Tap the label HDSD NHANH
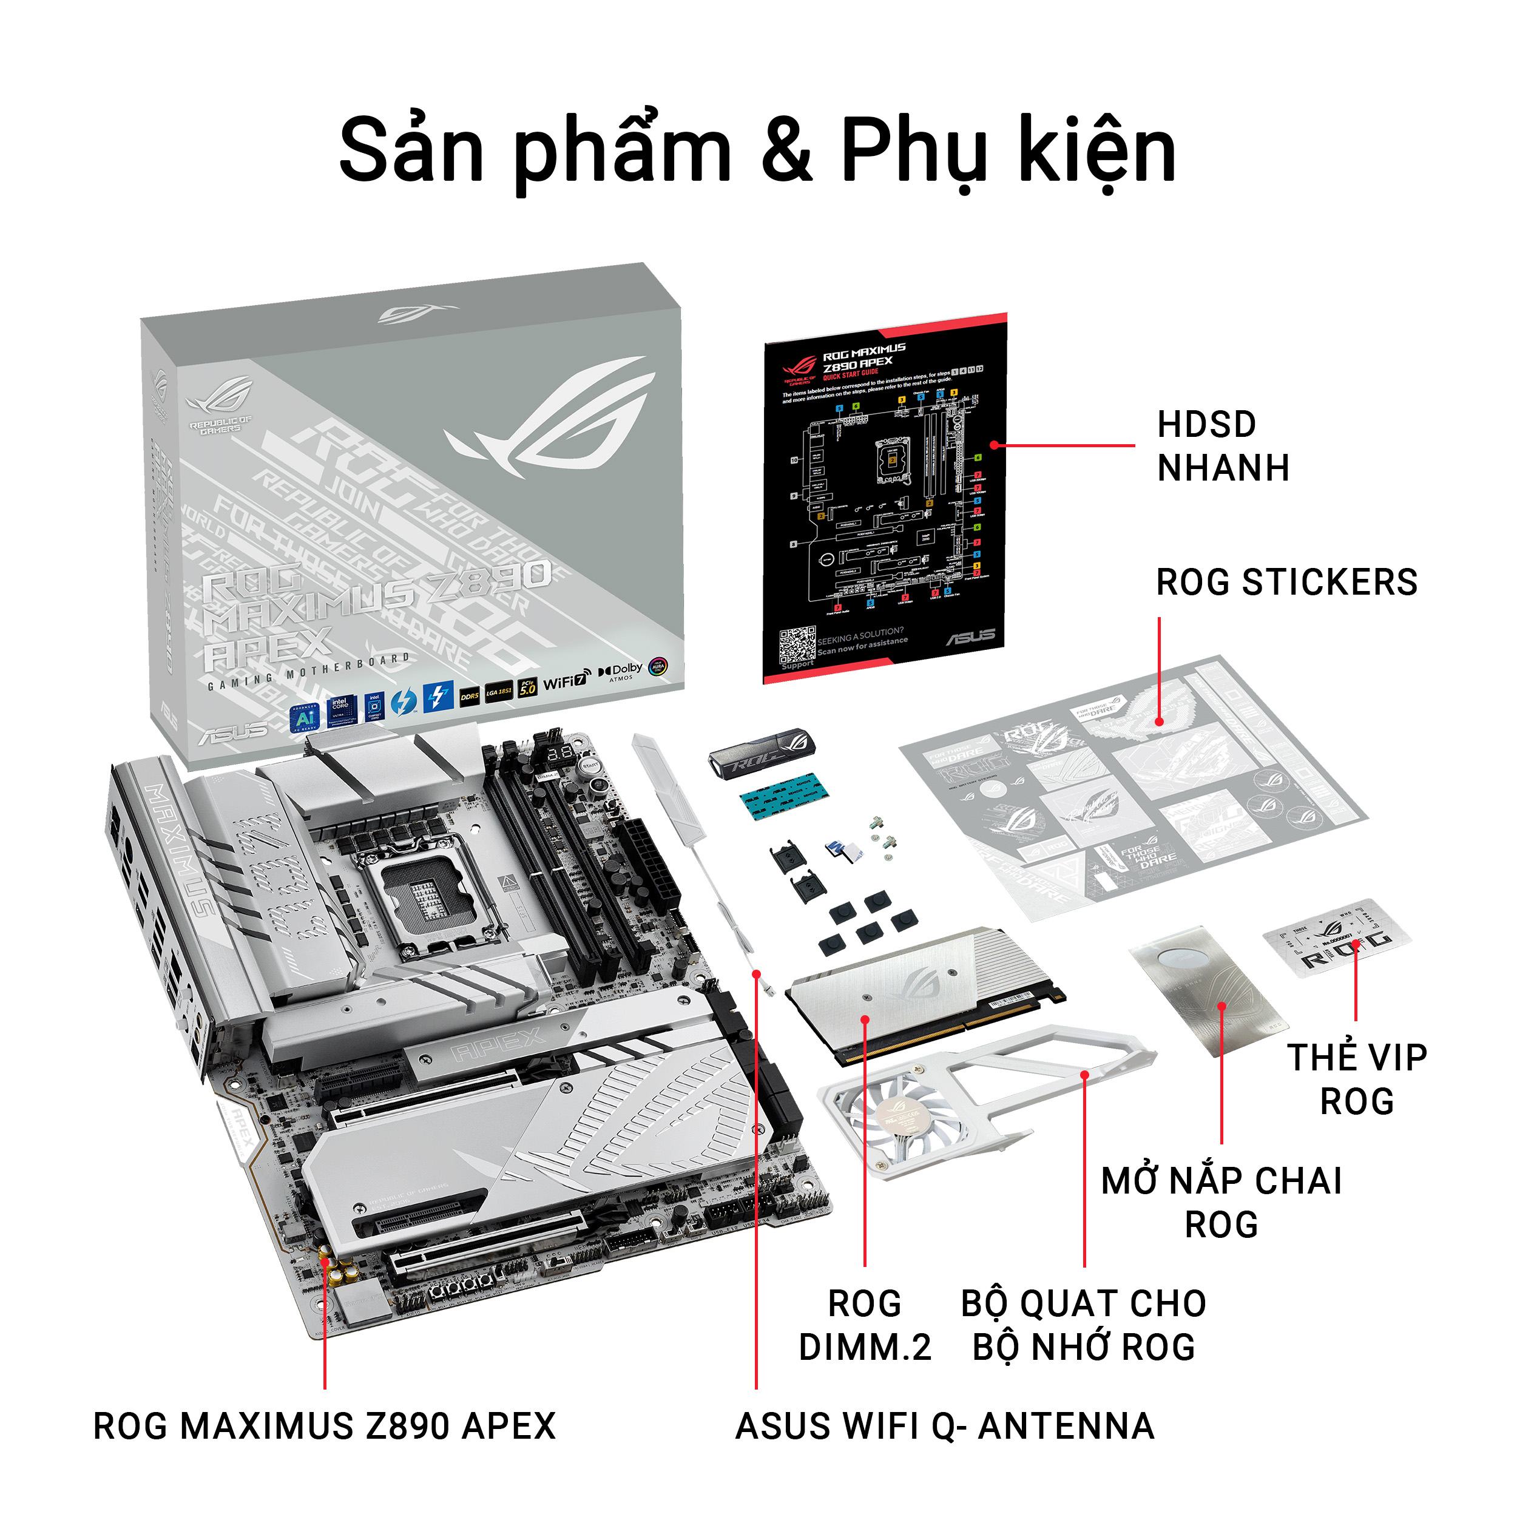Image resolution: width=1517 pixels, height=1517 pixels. click(x=1223, y=446)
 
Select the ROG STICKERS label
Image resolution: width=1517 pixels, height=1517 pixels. click(x=1286, y=583)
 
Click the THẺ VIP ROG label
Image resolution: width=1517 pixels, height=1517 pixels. click(x=1356, y=1079)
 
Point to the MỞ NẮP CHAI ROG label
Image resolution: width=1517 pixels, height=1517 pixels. click(x=1221, y=1202)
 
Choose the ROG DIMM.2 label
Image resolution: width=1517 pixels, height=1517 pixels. click(x=865, y=1325)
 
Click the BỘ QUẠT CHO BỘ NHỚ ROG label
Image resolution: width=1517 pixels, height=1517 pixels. click(x=1084, y=1325)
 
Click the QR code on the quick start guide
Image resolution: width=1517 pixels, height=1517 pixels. click(x=796, y=646)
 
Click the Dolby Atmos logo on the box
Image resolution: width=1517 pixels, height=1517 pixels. click(x=621, y=672)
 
